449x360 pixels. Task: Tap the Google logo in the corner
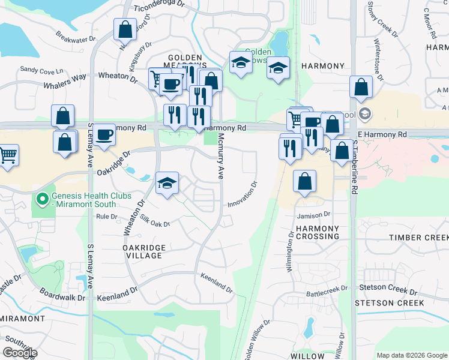coord(20,353)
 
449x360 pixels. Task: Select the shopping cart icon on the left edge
coord(8,155)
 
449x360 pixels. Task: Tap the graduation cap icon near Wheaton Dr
coord(167,183)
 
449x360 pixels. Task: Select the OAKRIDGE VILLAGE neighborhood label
coord(142,251)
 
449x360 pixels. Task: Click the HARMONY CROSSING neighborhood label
coord(318,233)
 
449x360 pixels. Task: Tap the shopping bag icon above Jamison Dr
coord(305,181)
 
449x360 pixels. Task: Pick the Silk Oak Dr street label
coord(155,221)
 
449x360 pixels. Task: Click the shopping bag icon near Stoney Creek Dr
coord(361,87)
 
